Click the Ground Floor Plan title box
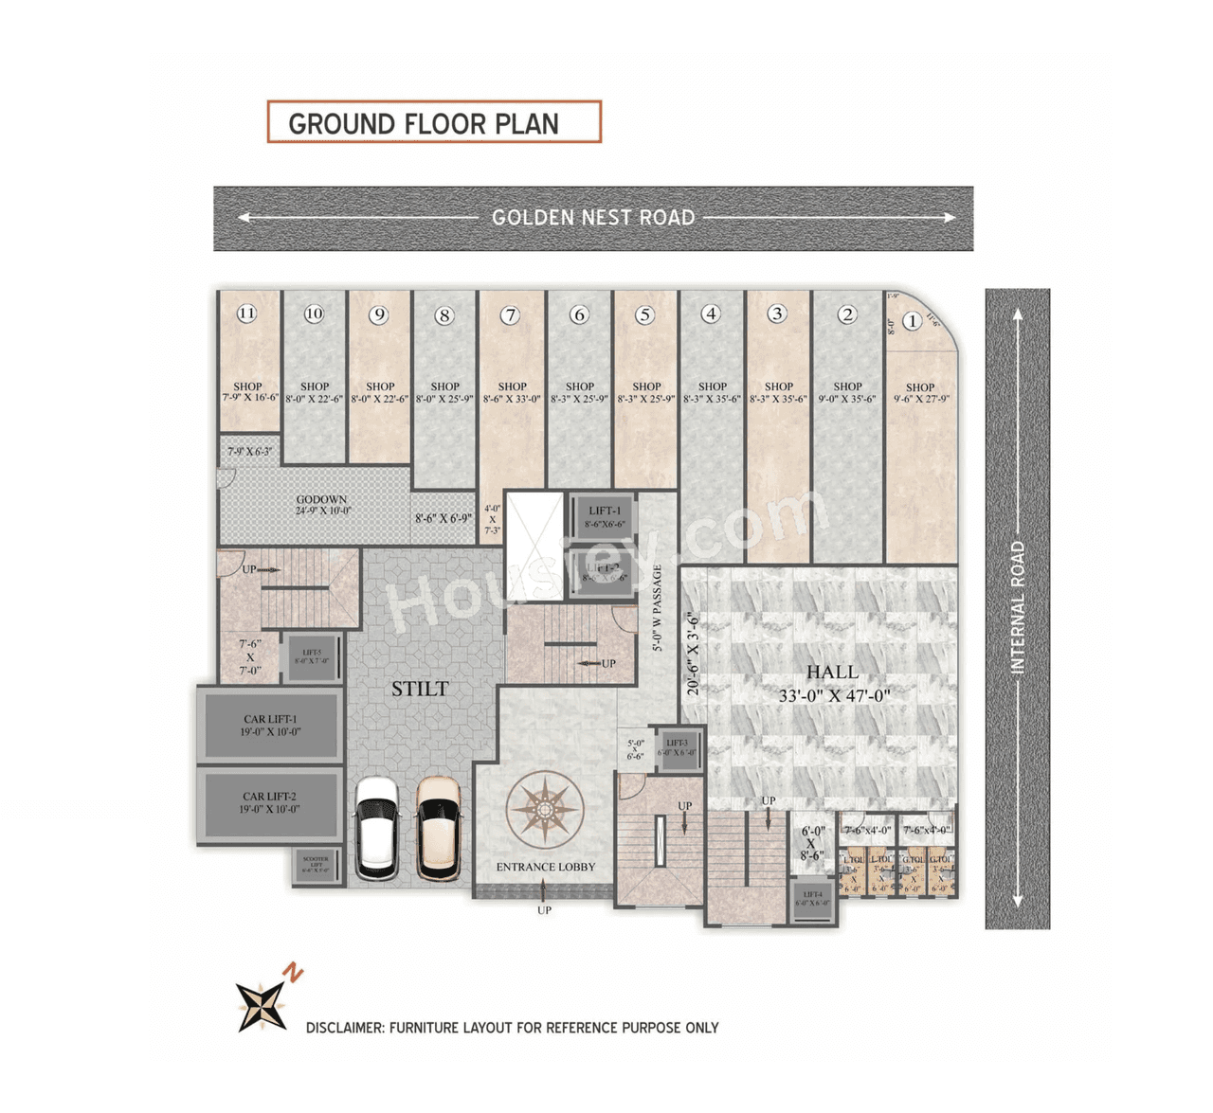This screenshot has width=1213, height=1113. [434, 122]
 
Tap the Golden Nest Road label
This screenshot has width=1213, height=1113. [593, 218]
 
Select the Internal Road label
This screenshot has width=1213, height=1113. [1018, 607]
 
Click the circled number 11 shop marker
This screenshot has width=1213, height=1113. [246, 314]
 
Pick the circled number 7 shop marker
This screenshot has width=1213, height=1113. [511, 315]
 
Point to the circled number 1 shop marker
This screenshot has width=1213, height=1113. [912, 321]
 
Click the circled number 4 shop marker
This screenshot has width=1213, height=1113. [711, 314]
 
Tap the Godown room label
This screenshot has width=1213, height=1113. [322, 505]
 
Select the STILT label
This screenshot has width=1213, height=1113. [420, 690]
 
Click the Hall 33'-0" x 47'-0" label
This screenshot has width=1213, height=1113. [833, 683]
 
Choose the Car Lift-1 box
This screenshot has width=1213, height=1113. [270, 726]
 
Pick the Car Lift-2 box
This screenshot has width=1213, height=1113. [270, 803]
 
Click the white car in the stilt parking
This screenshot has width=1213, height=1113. [376, 828]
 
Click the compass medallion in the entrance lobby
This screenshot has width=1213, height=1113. [544, 810]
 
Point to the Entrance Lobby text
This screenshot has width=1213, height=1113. [546, 867]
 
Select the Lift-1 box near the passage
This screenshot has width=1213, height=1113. [604, 516]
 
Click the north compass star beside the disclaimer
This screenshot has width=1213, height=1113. [262, 1005]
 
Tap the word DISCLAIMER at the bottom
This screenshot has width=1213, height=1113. [344, 1028]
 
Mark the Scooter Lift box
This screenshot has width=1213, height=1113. [317, 865]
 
